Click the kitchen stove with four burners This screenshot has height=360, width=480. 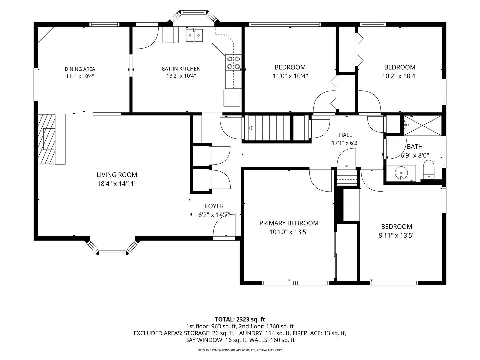[233, 63]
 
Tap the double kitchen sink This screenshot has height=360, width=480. [194, 35]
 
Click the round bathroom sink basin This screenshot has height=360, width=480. [401, 173]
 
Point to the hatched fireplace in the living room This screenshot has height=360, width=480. [46, 139]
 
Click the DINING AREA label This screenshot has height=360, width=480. [80, 69]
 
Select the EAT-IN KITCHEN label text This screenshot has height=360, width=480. [181, 69]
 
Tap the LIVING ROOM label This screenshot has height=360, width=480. [117, 175]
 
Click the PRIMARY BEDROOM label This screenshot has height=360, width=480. [289, 223]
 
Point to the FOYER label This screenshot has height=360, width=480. [214, 206]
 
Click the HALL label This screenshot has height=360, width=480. [346, 135]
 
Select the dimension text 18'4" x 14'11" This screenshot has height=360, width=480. [117, 184]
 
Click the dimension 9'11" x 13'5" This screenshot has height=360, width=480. [397, 235]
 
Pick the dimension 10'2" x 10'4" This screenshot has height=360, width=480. [400, 76]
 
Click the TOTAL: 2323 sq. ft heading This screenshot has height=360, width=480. [240, 319]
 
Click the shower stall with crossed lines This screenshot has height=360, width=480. [422, 125]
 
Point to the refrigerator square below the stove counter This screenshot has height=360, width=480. [232, 98]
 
